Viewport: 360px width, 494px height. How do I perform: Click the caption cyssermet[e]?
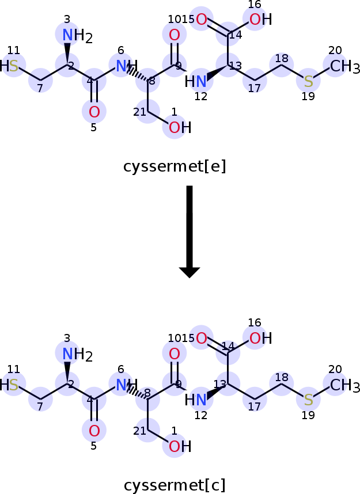coord(175,166)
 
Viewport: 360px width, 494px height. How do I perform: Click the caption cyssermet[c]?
coord(175,485)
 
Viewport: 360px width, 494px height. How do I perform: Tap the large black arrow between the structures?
coord(190,230)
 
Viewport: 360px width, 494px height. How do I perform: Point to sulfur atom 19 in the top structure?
coord(309,81)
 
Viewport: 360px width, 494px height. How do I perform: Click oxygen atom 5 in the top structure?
coord(94,112)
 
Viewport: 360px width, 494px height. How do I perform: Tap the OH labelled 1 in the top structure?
coord(178,127)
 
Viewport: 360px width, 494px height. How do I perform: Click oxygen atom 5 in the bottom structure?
coord(94,430)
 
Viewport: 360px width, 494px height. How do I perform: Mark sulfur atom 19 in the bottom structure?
coord(309,400)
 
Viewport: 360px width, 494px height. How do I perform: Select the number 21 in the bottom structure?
coord(140,431)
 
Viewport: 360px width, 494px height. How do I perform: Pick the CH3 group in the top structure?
coord(344,67)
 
